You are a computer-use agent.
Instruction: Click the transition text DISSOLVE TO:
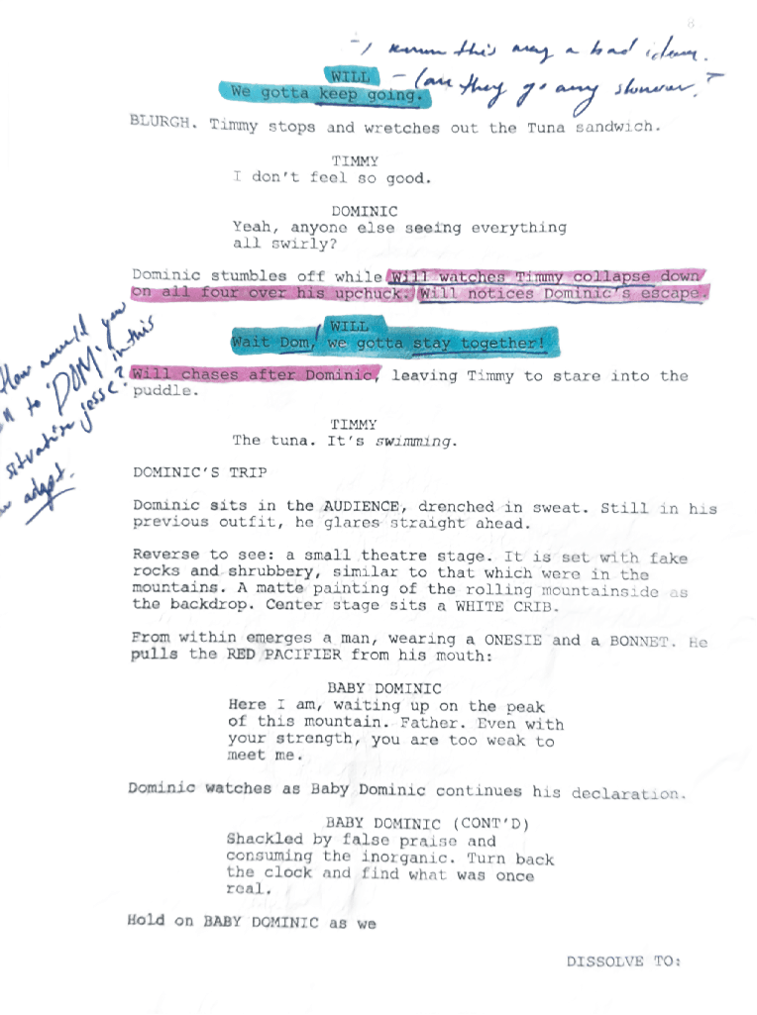point(624,961)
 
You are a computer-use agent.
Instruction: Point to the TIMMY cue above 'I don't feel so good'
point(355,160)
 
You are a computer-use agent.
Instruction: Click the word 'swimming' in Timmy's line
point(418,441)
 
